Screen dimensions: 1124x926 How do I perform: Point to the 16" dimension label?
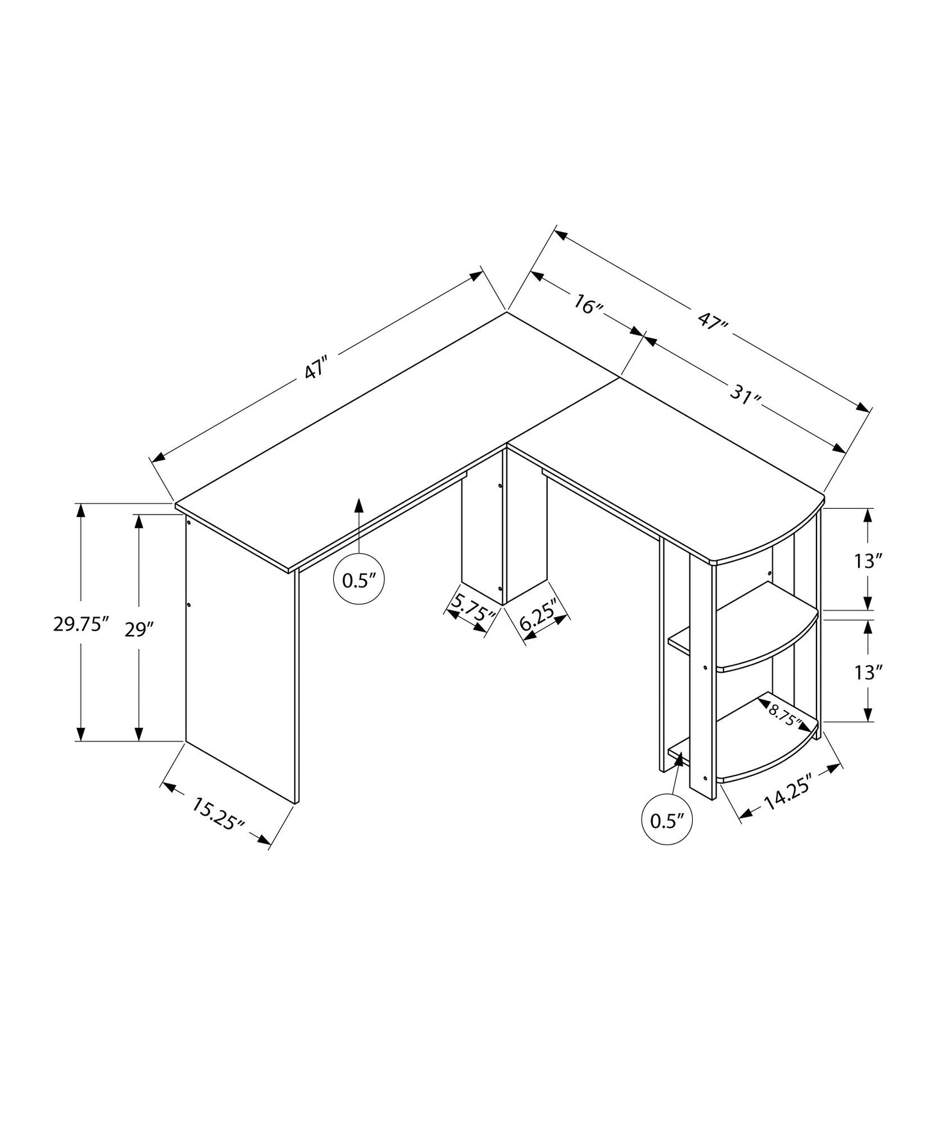coord(588,305)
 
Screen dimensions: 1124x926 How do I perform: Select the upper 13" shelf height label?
coord(868,562)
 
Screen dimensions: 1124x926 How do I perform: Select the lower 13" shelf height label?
coord(868,672)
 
